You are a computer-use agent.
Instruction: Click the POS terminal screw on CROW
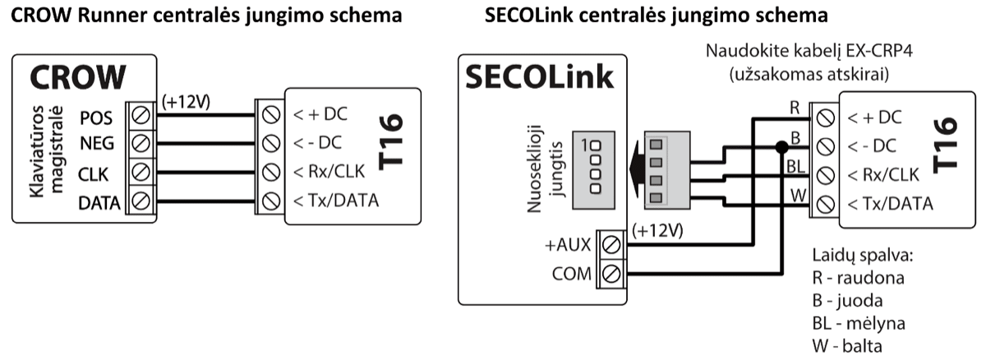140,114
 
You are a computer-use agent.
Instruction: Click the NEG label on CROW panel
97,143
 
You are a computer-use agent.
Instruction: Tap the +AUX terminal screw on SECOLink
611,244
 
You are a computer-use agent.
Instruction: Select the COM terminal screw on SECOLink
611,272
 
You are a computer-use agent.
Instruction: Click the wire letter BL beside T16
795,165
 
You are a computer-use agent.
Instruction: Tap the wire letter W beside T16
795,194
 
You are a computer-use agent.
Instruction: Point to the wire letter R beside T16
795,107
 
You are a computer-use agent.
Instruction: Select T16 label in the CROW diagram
394,143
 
